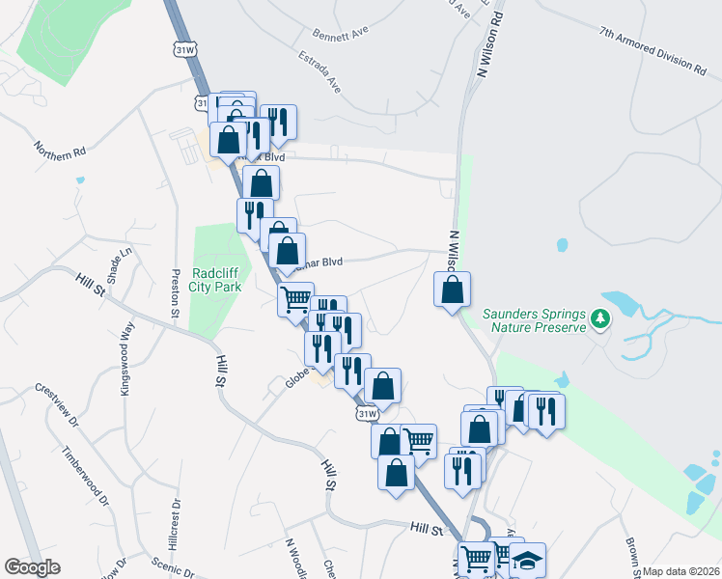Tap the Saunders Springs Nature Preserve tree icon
click(x=599, y=317)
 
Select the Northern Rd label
click(x=60, y=152)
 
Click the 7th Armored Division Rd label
click(x=652, y=50)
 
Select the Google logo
click(x=32, y=567)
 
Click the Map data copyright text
click(x=679, y=571)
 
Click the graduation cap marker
click(x=528, y=559)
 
